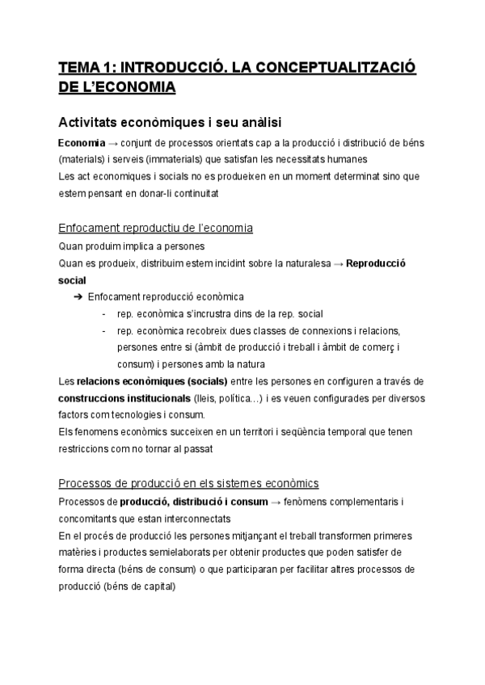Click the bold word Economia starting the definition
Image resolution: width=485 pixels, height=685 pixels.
82,142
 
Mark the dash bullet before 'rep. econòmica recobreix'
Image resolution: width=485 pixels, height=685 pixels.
104,330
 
